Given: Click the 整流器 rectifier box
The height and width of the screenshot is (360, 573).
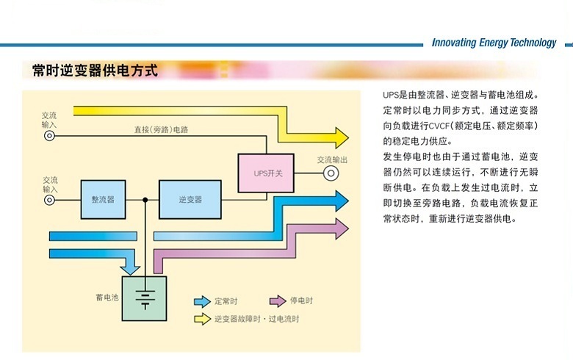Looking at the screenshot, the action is tap(103, 200).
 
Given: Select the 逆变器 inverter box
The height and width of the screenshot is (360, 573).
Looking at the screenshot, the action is tap(190, 200).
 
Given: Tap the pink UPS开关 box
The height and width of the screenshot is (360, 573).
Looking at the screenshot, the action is tap(266, 173).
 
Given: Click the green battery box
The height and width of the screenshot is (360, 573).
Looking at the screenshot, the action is tap(144, 298).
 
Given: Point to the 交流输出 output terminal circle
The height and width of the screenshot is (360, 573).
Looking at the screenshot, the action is tap(331, 173).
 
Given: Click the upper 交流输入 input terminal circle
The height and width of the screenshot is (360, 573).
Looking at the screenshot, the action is tap(49, 136).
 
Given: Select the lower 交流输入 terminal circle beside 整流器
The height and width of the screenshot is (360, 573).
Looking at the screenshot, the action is tap(49, 200).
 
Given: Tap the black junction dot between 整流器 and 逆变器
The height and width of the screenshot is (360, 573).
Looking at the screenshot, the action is tap(145, 200).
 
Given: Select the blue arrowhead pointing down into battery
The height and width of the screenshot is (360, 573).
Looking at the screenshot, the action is tap(130, 270).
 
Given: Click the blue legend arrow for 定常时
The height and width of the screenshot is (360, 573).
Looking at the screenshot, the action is tap(202, 301).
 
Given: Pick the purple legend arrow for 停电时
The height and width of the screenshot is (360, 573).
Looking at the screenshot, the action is tap(278, 300).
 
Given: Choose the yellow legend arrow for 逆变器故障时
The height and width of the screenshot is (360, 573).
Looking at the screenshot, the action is tap(202, 319).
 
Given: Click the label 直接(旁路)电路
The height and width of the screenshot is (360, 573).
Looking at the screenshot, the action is tap(161, 129).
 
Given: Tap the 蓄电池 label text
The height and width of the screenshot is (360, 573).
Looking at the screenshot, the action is tap(107, 297).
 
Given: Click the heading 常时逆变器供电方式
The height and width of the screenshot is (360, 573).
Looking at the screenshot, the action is tap(95, 71).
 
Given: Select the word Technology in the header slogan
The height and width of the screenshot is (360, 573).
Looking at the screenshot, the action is tap(533, 43).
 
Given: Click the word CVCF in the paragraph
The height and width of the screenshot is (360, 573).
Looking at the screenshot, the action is tap(439, 126).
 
